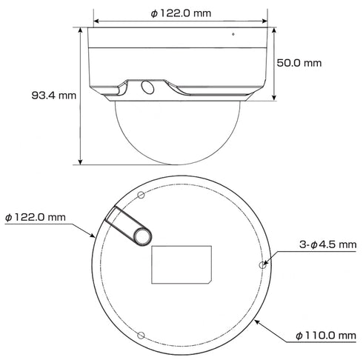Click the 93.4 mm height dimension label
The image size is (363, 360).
pos(54,96)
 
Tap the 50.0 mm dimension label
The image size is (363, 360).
pos(299,63)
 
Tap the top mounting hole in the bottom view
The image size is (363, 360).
pos(139,194)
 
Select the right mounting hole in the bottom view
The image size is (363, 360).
pos(260,263)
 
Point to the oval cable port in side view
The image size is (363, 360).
pos(146,87)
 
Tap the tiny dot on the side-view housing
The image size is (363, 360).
pos(232,33)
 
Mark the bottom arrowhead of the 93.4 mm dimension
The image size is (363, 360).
pos(81,162)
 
